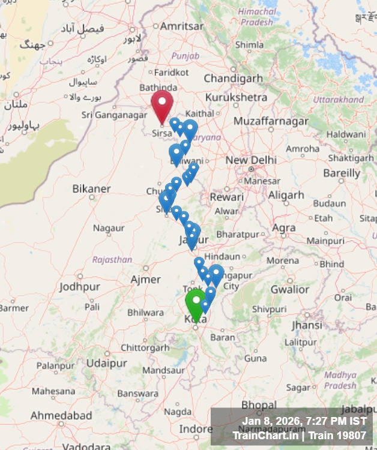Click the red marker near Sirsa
click(162, 104)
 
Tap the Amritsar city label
click(182, 26)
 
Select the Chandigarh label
click(233, 79)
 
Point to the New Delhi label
click(251, 160)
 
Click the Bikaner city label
click(91, 189)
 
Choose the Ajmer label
click(146, 280)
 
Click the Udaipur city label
click(107, 364)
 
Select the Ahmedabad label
click(61, 415)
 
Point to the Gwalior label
click(289, 289)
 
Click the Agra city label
click(284, 228)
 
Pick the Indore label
click(196, 430)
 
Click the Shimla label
click(249, 44)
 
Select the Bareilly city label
click(342, 173)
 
